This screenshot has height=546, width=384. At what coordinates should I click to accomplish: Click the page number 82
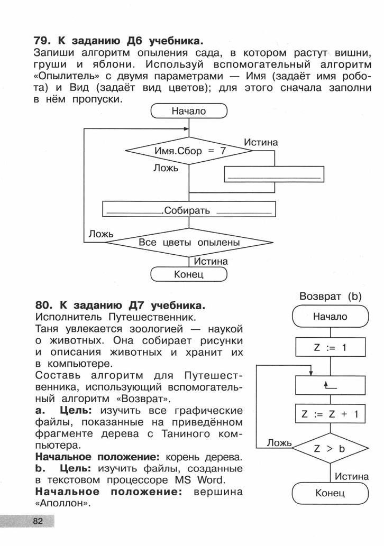(38, 521)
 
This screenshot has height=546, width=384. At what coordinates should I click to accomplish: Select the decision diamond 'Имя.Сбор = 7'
(189, 151)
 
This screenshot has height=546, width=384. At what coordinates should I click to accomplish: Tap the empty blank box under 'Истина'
(274, 174)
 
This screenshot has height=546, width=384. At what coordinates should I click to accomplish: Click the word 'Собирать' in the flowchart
(187, 210)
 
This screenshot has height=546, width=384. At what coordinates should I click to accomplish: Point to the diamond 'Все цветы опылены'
(189, 243)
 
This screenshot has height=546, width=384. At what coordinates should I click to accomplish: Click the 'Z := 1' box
(331, 347)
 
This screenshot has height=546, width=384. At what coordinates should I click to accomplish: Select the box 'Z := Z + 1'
(331, 414)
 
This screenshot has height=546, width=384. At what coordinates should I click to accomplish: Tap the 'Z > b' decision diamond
(331, 448)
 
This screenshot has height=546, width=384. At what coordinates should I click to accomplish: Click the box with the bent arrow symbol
(331, 385)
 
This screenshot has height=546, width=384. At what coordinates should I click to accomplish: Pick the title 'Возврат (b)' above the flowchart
(331, 297)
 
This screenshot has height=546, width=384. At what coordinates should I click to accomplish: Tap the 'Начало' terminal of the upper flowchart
(189, 111)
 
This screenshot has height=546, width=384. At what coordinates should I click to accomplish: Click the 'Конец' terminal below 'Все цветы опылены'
(189, 274)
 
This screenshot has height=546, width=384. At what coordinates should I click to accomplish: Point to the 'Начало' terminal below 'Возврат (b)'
(331, 317)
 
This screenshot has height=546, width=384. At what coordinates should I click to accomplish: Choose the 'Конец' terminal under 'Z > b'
(331, 493)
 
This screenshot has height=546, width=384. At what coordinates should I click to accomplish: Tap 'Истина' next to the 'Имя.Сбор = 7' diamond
(261, 142)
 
